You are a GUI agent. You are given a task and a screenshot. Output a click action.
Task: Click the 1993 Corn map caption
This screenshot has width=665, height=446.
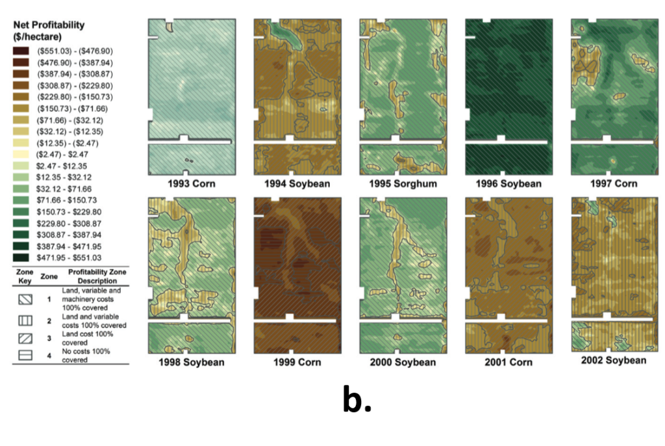(191, 184)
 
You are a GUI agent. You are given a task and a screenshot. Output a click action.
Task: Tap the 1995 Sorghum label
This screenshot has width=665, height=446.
(403, 184)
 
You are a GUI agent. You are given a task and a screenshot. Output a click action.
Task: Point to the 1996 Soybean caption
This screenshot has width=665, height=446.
(508, 184)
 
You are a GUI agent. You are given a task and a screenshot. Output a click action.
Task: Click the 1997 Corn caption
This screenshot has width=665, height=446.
(614, 184)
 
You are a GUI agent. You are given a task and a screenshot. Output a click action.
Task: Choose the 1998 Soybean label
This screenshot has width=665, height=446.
(191, 362)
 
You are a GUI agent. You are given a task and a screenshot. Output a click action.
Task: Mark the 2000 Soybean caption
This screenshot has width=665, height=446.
(403, 362)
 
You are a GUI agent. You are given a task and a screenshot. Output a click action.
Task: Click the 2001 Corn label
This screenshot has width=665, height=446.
(508, 362)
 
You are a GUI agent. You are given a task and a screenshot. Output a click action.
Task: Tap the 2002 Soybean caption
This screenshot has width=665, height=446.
(614, 360)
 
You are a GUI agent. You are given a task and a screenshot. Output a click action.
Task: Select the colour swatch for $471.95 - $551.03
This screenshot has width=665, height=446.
(20, 257)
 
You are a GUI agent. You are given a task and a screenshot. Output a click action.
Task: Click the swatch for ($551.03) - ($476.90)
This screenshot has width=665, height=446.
(20, 51)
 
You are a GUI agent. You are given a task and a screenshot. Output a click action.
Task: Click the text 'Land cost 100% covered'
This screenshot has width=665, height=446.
(87, 337)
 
